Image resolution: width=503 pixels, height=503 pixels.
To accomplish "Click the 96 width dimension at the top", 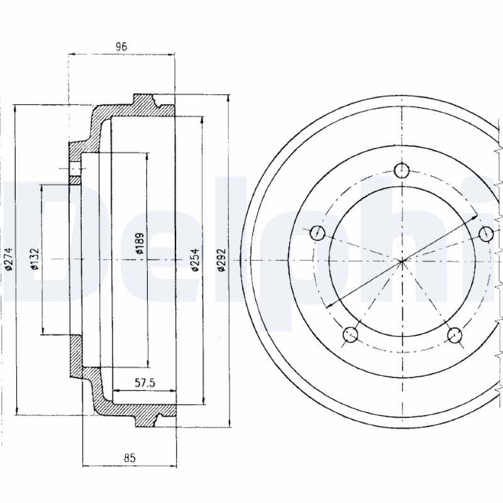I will pos(121,46).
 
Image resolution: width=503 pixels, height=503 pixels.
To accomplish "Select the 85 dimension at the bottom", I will pos(130,458).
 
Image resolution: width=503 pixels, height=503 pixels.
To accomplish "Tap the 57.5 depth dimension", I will pos(145,382).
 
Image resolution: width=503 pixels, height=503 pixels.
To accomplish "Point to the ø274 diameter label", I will pos(9,258).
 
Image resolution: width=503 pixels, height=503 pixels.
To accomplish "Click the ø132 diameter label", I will pos(35,258).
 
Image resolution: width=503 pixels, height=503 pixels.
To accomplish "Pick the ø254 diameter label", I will pos(195,258).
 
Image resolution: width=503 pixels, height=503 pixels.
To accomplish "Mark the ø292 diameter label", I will pos(221,258).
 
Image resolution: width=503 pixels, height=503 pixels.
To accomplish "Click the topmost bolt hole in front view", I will pos(402,170).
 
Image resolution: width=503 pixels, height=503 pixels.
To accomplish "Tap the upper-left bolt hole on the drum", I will pos(318,233).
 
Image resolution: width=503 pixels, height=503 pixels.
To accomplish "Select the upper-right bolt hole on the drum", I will pos(486,233).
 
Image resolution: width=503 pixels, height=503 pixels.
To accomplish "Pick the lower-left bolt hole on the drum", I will pos(350,334).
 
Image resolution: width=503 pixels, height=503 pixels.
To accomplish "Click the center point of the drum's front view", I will pos(402,260).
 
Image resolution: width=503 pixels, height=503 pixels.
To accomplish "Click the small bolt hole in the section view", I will pos(75,169).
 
